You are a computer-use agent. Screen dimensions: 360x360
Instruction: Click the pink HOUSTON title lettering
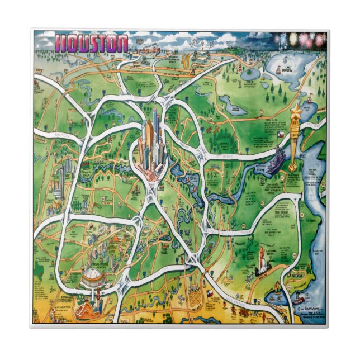92,44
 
